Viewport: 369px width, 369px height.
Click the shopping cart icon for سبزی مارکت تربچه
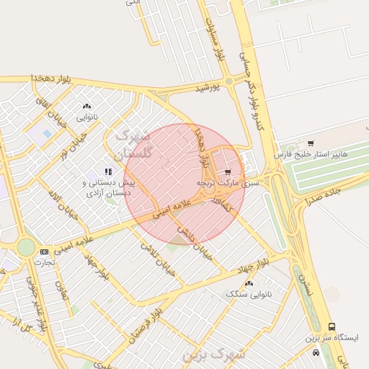tap(228, 172)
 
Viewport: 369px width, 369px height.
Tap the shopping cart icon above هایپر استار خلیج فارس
tap(311, 143)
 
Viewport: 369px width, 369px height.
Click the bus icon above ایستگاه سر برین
tap(332, 326)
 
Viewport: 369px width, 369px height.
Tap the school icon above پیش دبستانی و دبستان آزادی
tap(109, 172)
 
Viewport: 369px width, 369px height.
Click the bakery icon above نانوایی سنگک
tap(249, 283)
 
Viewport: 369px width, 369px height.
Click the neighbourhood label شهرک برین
tap(213, 355)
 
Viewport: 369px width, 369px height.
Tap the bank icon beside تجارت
tap(45, 252)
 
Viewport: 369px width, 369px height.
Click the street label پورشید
tap(207, 87)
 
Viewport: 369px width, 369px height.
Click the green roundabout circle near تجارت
tap(26, 247)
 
